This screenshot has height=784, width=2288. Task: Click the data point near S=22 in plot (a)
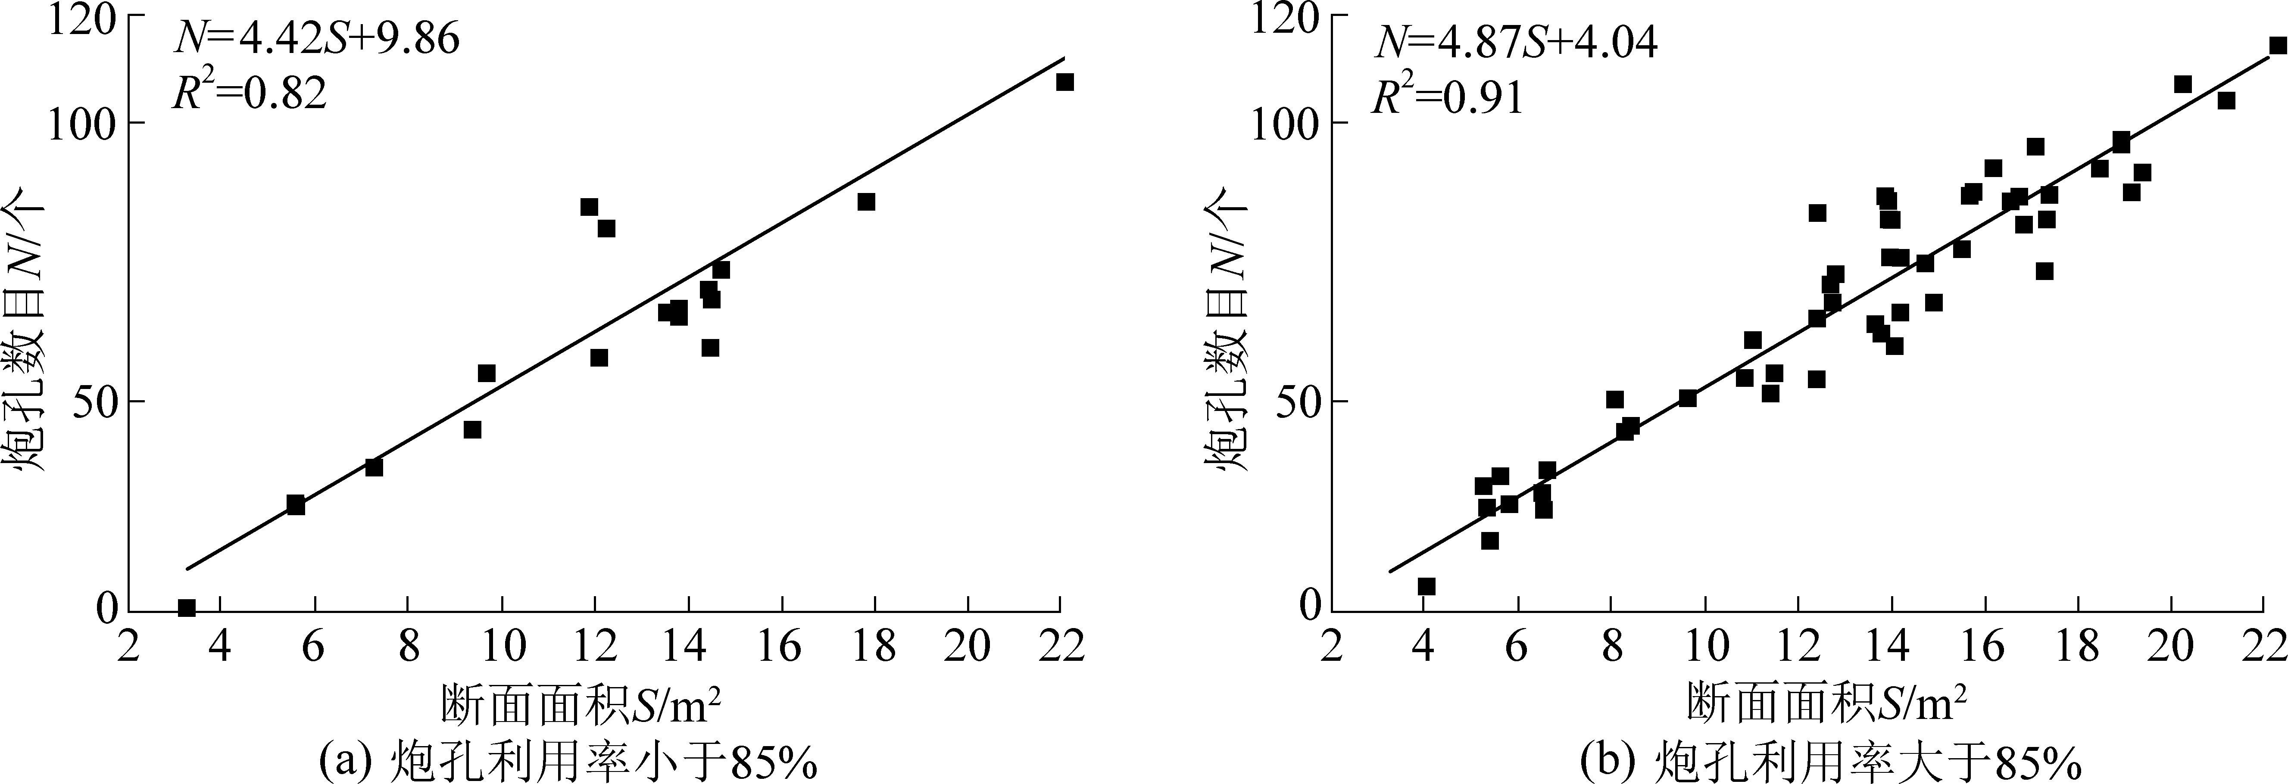tap(1065, 82)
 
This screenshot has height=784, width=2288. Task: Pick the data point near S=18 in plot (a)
tap(866, 202)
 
